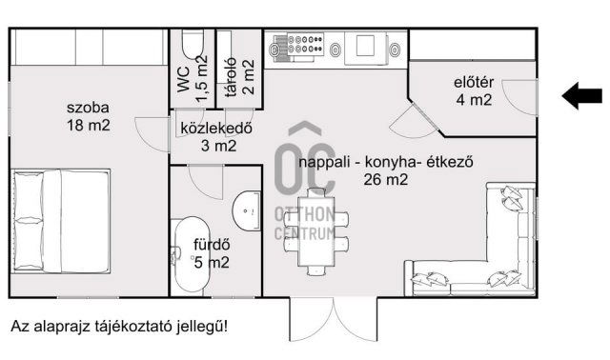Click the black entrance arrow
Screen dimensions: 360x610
pyautogui.click(x=582, y=94)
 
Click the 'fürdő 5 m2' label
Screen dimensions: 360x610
pyautogui.click(x=212, y=251)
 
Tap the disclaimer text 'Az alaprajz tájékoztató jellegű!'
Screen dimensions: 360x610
pyautogui.click(x=119, y=327)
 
